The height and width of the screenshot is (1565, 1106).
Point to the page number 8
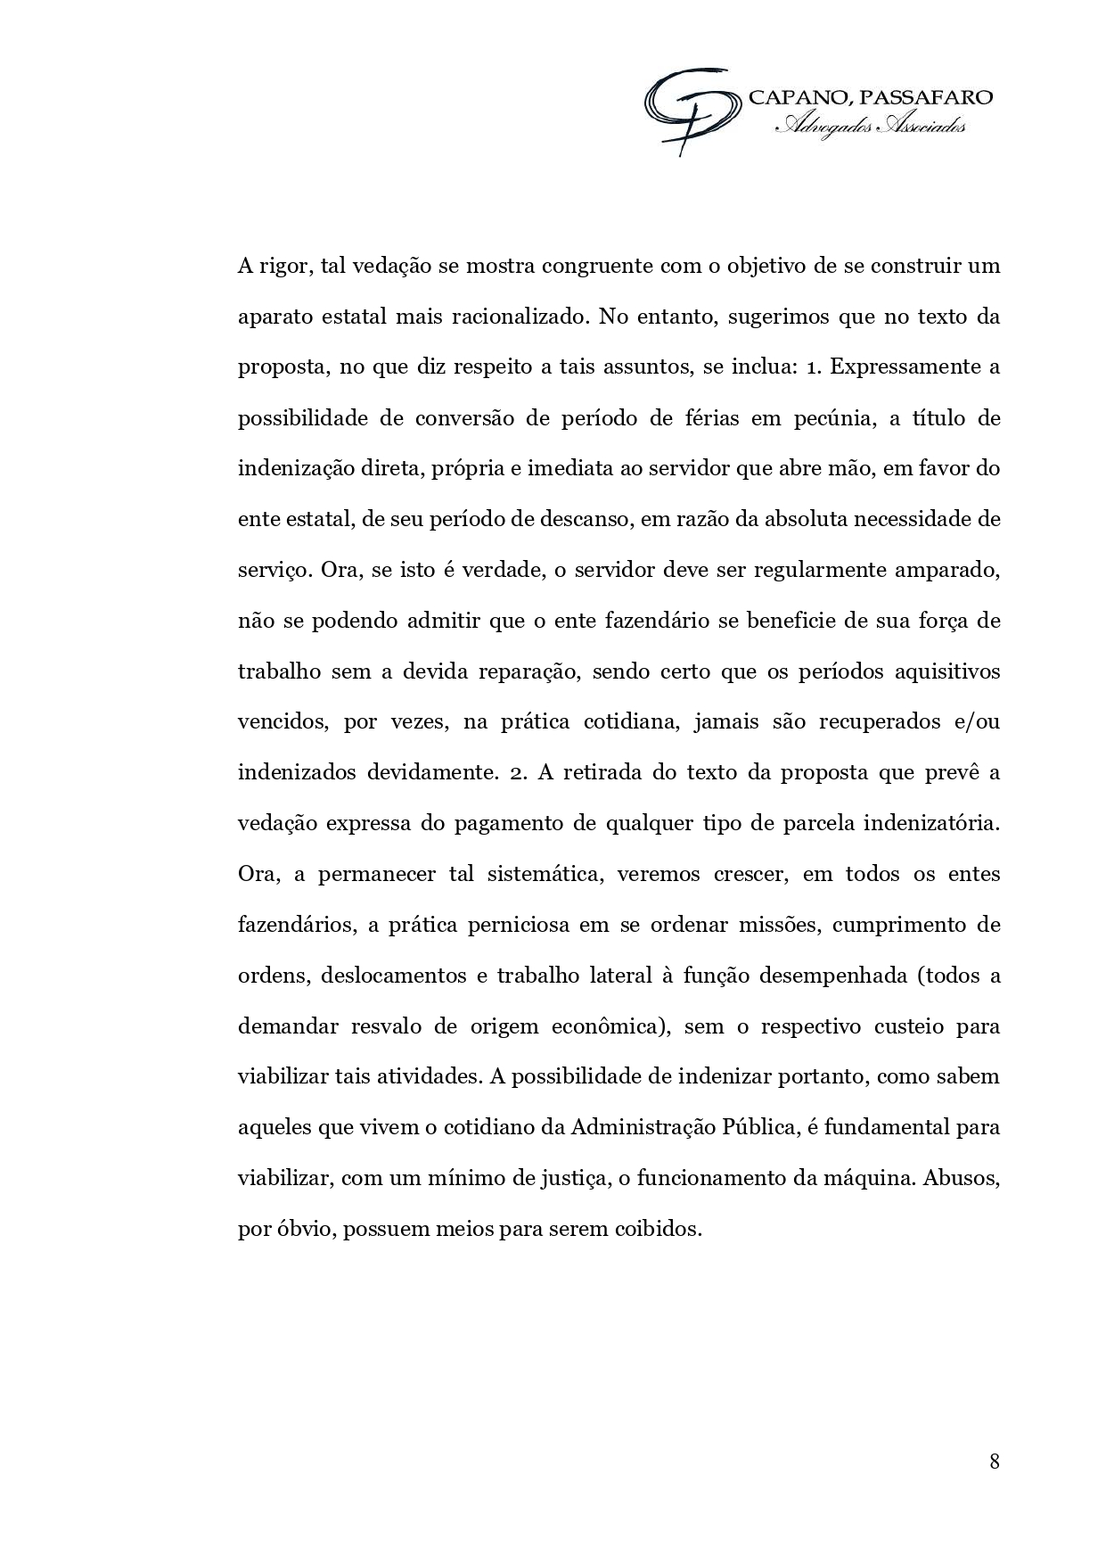[x=994, y=1461]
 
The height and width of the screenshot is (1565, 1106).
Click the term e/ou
[x=977, y=721]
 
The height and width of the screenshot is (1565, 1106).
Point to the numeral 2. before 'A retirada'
[x=518, y=772]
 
